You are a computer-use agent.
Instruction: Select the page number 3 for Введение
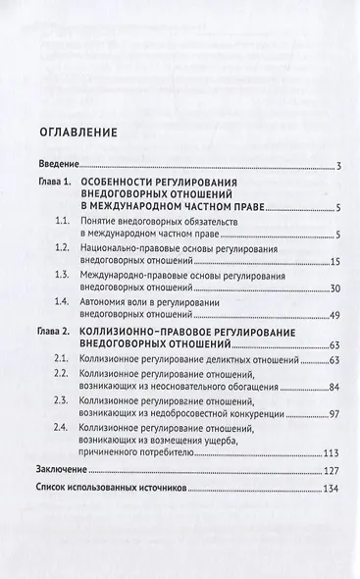(336, 164)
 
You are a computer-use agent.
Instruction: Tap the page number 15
(334, 266)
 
